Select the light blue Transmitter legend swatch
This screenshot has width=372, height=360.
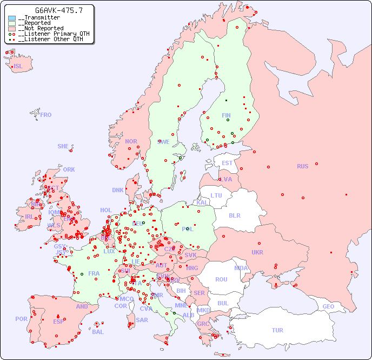(x=12, y=18)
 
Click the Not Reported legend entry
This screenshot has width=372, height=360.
(x=41, y=28)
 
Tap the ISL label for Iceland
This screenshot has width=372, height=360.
(x=18, y=67)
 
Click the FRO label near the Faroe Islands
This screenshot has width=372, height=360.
(x=46, y=115)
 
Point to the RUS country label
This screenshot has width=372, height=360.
(x=302, y=166)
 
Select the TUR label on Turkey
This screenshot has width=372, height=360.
(x=277, y=330)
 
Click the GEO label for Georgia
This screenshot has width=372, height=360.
(x=328, y=306)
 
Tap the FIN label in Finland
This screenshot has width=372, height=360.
(x=226, y=115)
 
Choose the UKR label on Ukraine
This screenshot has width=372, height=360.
(x=257, y=252)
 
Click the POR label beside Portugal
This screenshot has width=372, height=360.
(x=21, y=319)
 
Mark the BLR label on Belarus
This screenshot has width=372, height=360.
(x=234, y=215)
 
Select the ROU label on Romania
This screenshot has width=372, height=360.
(x=221, y=279)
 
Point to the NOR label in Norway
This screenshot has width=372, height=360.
(x=131, y=141)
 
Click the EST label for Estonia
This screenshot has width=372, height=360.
(x=227, y=163)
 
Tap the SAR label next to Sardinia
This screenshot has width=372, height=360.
(x=142, y=320)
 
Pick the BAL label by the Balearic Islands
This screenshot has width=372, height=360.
(x=97, y=332)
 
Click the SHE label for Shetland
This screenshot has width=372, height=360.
(x=63, y=146)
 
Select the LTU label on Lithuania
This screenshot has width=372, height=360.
(x=216, y=195)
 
